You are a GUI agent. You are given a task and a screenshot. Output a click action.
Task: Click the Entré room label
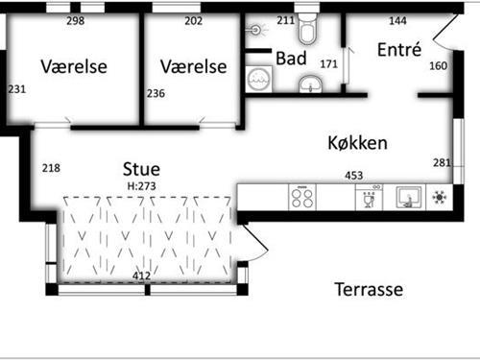point(399,50)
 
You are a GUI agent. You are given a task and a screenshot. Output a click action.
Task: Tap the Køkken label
point(357,143)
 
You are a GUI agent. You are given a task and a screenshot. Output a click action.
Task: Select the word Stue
point(141,165)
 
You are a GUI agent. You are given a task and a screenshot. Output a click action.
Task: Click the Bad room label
point(291,59)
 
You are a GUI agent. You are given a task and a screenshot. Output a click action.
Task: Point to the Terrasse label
point(369,289)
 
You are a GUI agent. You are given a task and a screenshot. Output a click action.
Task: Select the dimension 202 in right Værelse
point(193,21)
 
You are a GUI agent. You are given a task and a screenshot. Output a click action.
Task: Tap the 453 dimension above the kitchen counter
point(354,176)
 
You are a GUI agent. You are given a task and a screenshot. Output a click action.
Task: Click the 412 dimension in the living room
point(142,276)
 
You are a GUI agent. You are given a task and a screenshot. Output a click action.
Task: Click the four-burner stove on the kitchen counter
point(302,199)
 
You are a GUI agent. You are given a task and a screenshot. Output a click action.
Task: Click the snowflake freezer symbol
point(441,199)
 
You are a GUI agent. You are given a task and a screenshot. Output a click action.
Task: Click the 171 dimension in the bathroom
point(328,64)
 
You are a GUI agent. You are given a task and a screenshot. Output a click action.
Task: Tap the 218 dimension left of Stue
point(51,168)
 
